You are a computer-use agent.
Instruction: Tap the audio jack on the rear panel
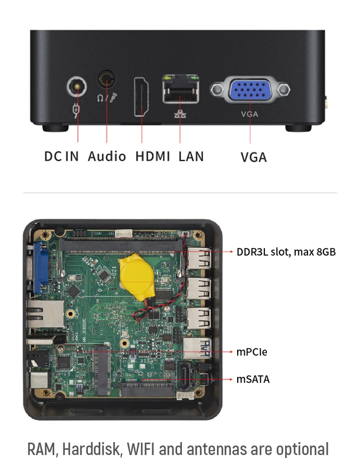pyautogui.click(x=107, y=78)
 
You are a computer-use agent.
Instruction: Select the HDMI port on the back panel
pyautogui.click(x=142, y=96)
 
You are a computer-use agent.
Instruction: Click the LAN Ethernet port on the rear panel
pyautogui.click(x=180, y=89)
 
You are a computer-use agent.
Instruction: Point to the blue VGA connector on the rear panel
pyautogui.click(x=250, y=90)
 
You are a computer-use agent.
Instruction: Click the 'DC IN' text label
pyautogui.click(x=61, y=156)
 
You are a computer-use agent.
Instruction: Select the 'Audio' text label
pyautogui.click(x=107, y=156)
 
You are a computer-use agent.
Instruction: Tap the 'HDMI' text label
pyautogui.click(x=153, y=156)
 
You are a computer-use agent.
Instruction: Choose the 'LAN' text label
pyautogui.click(x=191, y=156)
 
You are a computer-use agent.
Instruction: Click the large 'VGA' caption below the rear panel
pyautogui.click(x=253, y=157)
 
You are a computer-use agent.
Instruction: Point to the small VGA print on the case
pyautogui.click(x=250, y=114)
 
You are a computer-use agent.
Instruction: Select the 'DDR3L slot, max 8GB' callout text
pyautogui.click(x=286, y=252)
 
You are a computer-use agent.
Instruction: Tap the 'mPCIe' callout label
pyautogui.click(x=252, y=352)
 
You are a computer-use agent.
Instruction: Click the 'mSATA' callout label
pyautogui.click(x=253, y=379)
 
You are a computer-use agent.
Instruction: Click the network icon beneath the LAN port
pyautogui.click(x=180, y=115)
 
